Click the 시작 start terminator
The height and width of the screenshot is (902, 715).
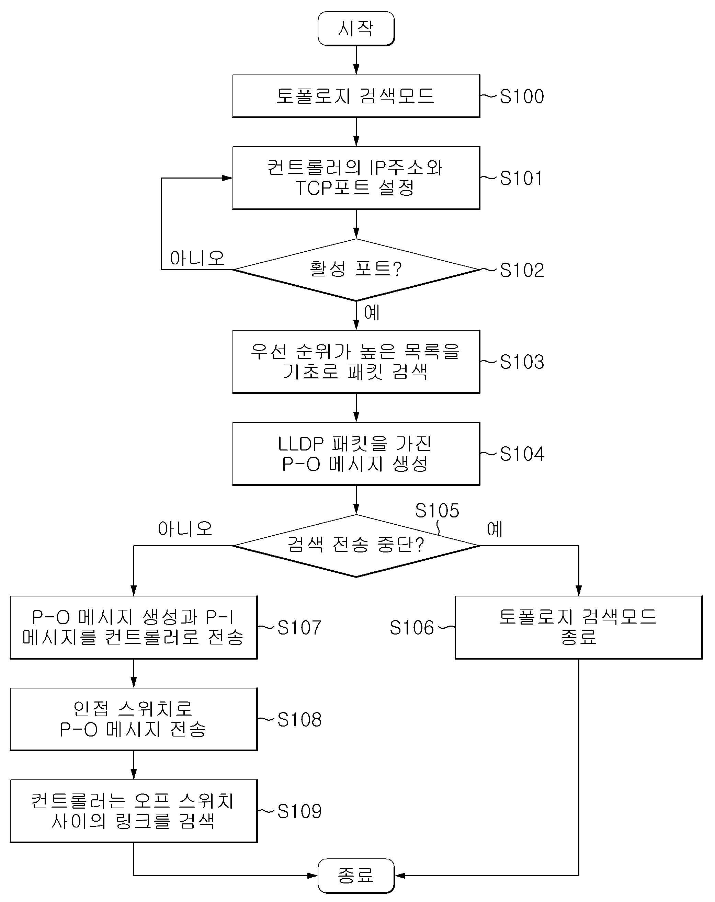point(356,28)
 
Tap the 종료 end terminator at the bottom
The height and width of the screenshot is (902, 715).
point(356,875)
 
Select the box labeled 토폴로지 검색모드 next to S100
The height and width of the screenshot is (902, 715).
point(356,96)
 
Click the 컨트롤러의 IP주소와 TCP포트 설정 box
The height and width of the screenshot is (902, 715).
point(356,178)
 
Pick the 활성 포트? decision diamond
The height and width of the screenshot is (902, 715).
point(356,270)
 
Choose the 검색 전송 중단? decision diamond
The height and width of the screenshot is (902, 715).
point(356,546)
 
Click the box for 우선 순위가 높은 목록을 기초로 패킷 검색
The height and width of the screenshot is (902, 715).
point(356,362)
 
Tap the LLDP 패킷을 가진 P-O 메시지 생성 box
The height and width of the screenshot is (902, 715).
point(356,454)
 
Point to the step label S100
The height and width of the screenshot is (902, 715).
point(522,96)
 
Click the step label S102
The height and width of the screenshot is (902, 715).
point(522,270)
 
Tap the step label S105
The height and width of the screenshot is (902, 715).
point(437,511)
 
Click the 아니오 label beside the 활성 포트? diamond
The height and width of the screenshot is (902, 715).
point(197,258)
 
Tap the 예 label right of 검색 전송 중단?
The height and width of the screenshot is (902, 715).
point(495,529)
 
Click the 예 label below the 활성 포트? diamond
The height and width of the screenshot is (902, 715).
point(372,312)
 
